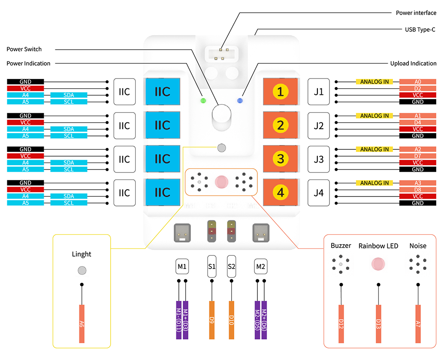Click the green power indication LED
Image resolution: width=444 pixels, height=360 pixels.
click(x=203, y=100)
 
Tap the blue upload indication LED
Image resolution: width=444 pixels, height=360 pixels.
click(x=240, y=100)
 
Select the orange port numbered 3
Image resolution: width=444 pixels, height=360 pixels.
click(x=280, y=159)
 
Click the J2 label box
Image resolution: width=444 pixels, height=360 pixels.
click(x=319, y=125)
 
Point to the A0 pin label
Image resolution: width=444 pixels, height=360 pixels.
click(x=418, y=82)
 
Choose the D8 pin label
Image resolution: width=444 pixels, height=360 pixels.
click(x=418, y=190)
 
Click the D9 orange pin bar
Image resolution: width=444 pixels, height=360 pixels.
click(x=212, y=320)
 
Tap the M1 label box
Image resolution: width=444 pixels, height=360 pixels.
click(x=182, y=266)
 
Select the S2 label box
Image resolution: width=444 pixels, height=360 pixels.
click(x=231, y=266)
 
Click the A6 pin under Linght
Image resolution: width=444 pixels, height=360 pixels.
click(x=82, y=324)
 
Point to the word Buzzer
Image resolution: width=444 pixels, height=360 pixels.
click(x=341, y=245)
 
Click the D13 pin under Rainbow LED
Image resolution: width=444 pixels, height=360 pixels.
click(x=378, y=324)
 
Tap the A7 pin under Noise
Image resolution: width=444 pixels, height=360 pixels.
click(x=418, y=324)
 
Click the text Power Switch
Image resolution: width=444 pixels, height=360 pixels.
click(x=24, y=49)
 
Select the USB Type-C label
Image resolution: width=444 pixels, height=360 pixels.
click(x=420, y=30)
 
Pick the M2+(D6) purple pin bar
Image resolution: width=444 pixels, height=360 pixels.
click(x=264, y=320)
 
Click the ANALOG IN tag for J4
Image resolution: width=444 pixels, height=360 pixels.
click(x=375, y=183)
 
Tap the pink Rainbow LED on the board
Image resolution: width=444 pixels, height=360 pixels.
click(x=221, y=182)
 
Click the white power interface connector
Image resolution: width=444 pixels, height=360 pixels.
click(x=221, y=54)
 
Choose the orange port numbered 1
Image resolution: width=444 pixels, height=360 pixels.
click(x=280, y=91)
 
